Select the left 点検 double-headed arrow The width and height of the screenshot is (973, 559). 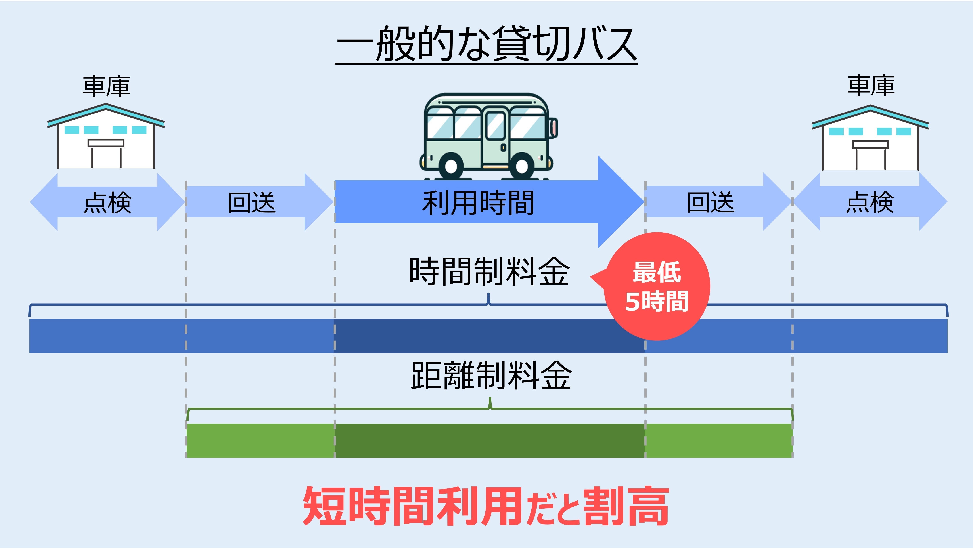[x=107, y=202]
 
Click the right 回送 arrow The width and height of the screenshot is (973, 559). [x=710, y=202]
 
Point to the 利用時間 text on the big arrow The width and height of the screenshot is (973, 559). [x=478, y=203]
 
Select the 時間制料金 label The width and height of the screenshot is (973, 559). [x=489, y=271]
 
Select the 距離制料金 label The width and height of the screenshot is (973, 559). [x=491, y=376]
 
